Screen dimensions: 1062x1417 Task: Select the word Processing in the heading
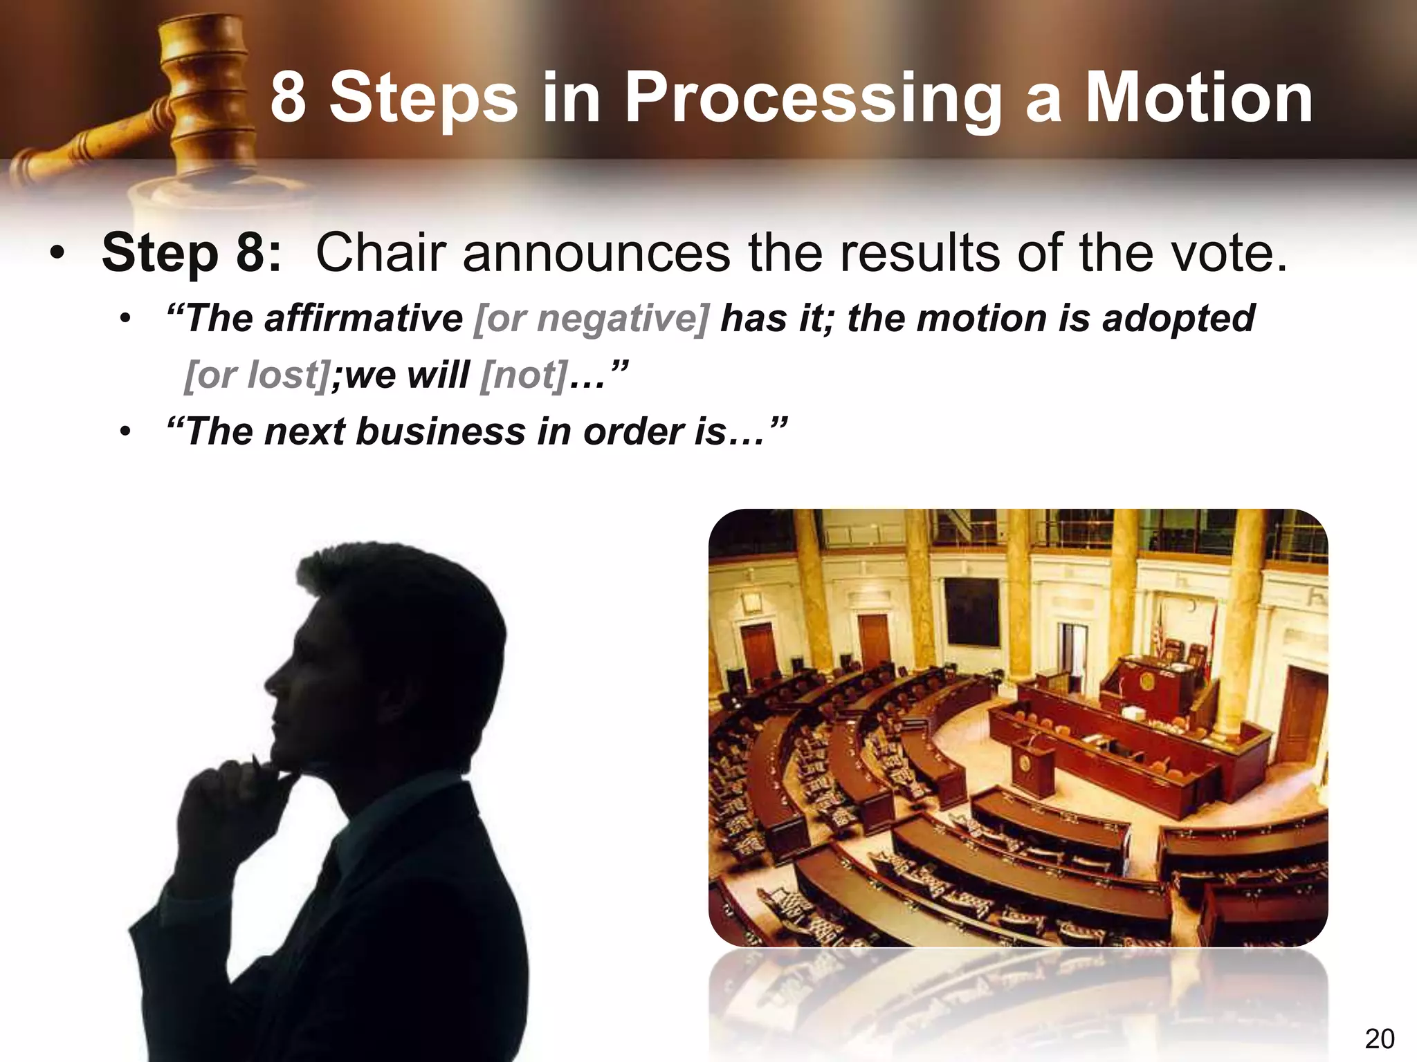812,100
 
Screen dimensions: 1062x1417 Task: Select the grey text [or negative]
592,319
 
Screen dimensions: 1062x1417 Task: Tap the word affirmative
363,319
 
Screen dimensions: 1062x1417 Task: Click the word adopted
1178,319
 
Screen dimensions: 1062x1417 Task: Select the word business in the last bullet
441,431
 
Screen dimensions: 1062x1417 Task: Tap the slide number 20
1379,1038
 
